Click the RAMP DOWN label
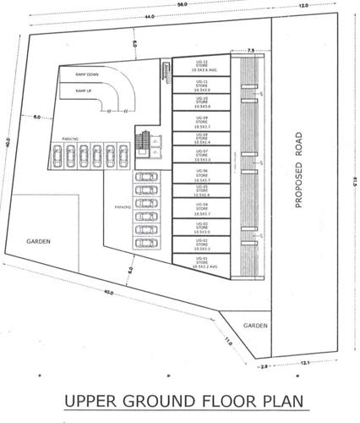coord(87,75)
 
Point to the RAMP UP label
coord(84,91)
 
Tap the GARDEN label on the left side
coord(38,241)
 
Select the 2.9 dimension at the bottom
coord(264,366)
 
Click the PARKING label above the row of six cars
coord(71,138)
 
